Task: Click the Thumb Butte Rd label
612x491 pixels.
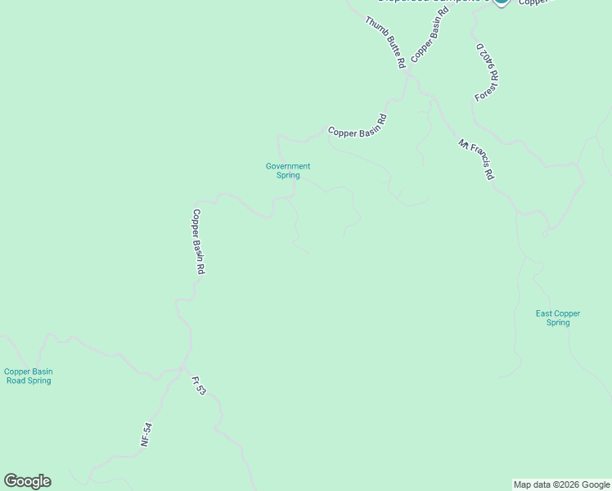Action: [x=385, y=42]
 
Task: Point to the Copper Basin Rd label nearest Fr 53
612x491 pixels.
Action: [x=198, y=241]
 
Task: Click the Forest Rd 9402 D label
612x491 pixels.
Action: [x=488, y=72]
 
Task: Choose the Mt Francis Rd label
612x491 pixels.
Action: [x=477, y=160]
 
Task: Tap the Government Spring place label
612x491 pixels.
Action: [x=288, y=170]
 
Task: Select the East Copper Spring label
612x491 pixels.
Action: [x=558, y=318]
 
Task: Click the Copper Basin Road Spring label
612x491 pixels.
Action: [x=28, y=376]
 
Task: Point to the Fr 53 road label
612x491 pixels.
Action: [x=199, y=386]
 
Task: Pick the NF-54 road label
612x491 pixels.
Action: [x=146, y=434]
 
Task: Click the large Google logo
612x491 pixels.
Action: [x=27, y=481]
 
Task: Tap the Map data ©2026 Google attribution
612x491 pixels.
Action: [x=561, y=484]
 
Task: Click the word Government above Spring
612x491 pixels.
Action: [x=288, y=166]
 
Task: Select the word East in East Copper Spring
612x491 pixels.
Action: [x=544, y=313]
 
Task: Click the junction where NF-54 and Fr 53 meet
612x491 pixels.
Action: [x=182, y=371]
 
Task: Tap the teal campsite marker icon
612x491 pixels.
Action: [x=502, y=2]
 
